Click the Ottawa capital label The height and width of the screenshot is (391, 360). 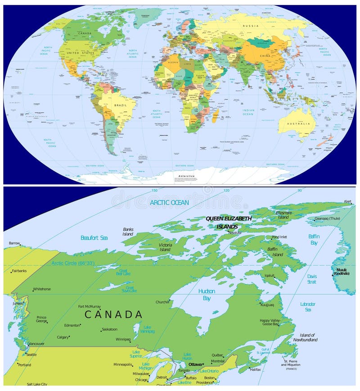click(195, 364)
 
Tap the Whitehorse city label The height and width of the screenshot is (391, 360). click(42, 289)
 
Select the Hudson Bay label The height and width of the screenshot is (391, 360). click(207, 295)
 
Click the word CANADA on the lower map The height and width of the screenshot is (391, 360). click(113, 314)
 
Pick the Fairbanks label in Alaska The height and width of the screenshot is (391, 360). click(19, 271)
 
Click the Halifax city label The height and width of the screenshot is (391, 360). click(255, 369)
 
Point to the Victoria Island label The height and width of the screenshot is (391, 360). click(165, 247)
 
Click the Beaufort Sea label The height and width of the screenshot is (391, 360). click(94, 237)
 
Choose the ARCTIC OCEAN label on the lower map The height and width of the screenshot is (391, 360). click(169, 203)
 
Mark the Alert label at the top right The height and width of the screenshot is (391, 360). click(347, 201)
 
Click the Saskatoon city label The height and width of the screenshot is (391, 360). click(110, 329)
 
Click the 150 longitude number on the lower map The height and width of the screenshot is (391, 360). click(154, 190)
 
